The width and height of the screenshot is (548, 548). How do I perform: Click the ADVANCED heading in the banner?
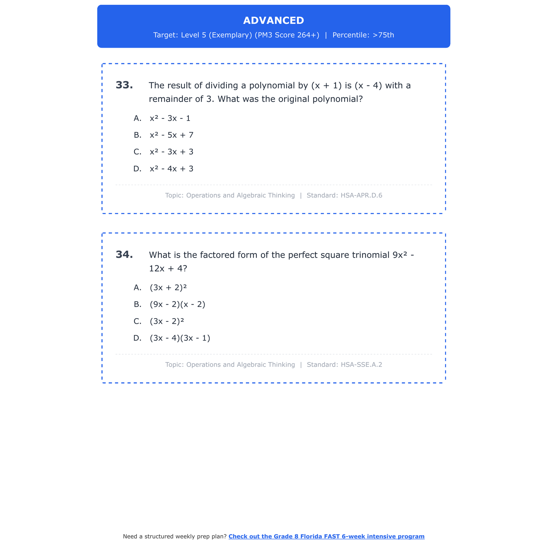[273, 20]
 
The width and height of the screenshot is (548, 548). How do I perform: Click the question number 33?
[124, 85]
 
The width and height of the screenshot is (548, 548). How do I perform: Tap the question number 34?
[124, 255]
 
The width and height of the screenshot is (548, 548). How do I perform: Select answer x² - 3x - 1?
[170, 118]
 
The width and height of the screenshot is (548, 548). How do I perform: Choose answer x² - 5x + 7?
[171, 135]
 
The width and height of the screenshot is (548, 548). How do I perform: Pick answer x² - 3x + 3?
[171, 152]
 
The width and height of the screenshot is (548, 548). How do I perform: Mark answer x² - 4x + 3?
[171, 169]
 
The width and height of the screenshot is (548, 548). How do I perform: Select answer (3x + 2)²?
[168, 288]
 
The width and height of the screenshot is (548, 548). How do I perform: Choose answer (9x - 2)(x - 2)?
[177, 304]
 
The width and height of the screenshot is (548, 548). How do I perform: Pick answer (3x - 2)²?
[167, 321]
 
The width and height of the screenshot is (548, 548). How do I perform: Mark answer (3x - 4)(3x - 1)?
[180, 338]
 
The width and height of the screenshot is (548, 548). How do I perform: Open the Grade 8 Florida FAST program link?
[326, 536]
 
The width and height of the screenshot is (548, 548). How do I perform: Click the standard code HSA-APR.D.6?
[361, 195]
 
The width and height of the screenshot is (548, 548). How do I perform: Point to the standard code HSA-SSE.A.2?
[361, 365]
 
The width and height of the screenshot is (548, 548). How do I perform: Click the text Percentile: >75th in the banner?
[363, 35]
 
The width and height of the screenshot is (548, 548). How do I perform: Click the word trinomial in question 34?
[371, 255]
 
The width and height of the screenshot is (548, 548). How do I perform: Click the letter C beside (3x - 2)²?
[137, 321]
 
